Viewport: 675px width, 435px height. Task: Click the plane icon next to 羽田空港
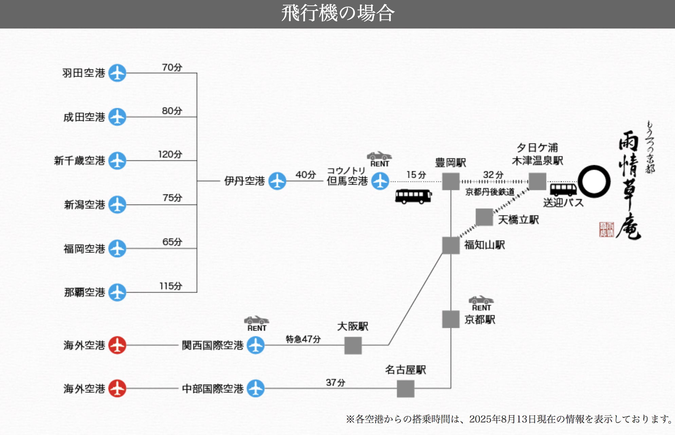pyautogui.click(x=117, y=73)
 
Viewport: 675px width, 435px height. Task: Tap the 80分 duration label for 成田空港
pyautogui.click(x=172, y=111)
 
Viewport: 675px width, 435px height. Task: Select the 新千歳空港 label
pyautogui.click(x=79, y=161)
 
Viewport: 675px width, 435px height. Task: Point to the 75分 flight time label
pyautogui.click(x=172, y=198)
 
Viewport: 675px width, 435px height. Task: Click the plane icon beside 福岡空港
pyautogui.click(x=117, y=249)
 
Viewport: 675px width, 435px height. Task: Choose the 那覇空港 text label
pyautogui.click(x=85, y=292)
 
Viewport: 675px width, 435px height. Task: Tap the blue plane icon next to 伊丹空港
pyautogui.click(x=277, y=181)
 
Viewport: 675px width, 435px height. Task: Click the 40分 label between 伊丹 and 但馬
pyautogui.click(x=306, y=175)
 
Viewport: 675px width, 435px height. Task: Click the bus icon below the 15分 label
pyautogui.click(x=413, y=196)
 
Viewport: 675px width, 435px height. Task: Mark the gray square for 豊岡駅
pyautogui.click(x=451, y=181)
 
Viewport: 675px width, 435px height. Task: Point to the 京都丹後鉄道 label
pyautogui.click(x=490, y=192)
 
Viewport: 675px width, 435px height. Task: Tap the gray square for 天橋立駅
pyautogui.click(x=484, y=217)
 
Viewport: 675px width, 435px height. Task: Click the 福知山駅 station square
pyautogui.click(x=451, y=245)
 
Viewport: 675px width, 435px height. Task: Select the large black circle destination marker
pyautogui.click(x=594, y=182)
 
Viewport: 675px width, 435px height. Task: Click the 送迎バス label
pyautogui.click(x=563, y=203)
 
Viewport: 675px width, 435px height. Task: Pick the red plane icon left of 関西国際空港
pyautogui.click(x=117, y=345)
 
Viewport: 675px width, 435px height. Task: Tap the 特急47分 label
pyautogui.click(x=303, y=339)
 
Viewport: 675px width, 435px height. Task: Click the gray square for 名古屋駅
pyautogui.click(x=405, y=388)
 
